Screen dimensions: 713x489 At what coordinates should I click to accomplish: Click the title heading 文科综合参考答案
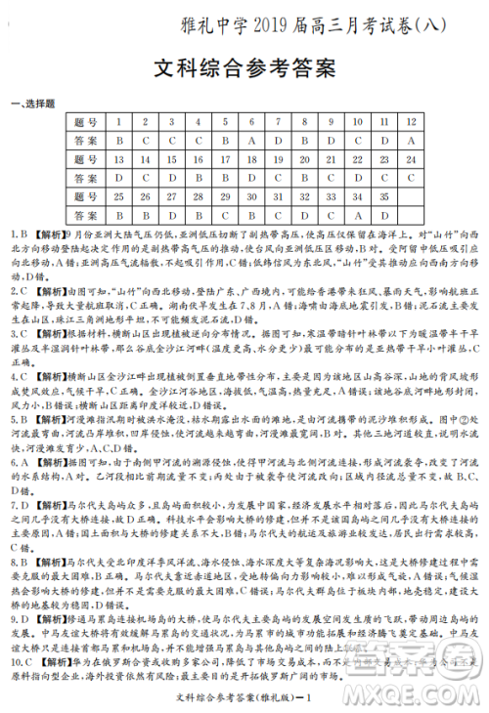click(x=244, y=69)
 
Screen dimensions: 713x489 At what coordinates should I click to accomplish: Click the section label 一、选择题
click(x=33, y=104)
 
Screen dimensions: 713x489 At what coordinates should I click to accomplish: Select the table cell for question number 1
click(x=118, y=122)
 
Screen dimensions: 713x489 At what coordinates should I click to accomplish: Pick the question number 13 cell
click(x=118, y=159)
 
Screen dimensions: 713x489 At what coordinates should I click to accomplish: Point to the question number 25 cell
click(x=118, y=196)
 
